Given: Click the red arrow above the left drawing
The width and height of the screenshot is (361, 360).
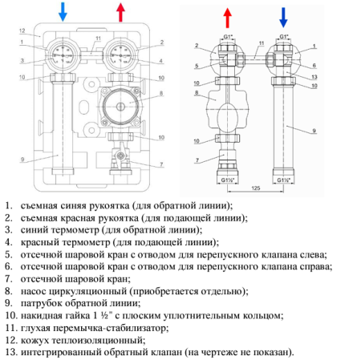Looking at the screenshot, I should click(x=121, y=12).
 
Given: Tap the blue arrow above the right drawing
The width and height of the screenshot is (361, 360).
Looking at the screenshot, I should click(x=282, y=16).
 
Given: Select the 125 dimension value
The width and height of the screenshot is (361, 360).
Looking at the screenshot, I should click(x=255, y=187).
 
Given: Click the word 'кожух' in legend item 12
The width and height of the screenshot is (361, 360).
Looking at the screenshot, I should click(x=36, y=340).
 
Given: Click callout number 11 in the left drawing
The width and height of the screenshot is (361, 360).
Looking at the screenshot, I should click(x=96, y=38).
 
